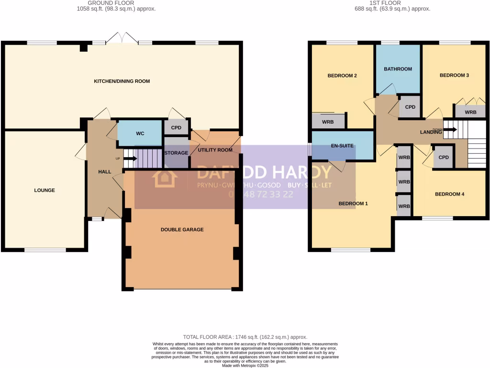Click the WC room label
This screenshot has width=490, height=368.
(140, 134)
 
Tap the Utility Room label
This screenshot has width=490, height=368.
(215, 150)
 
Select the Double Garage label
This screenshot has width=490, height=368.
(182, 230)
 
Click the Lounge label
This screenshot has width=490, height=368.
(45, 190)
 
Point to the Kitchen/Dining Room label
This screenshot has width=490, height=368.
(122, 81)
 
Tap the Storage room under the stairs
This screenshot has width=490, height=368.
(176, 153)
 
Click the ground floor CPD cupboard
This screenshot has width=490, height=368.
(176, 128)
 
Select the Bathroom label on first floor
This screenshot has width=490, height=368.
(398, 69)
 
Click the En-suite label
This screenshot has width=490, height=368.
(342, 145)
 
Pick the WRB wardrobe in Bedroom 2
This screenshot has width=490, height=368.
(328, 122)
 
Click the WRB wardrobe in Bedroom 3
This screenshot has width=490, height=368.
(471, 113)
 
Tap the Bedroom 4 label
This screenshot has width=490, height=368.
(449, 194)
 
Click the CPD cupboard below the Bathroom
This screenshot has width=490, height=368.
(410, 107)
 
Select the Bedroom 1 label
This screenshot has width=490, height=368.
(353, 204)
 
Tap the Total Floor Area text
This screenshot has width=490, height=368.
(245, 337)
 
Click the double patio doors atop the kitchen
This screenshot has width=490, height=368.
(122, 38)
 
